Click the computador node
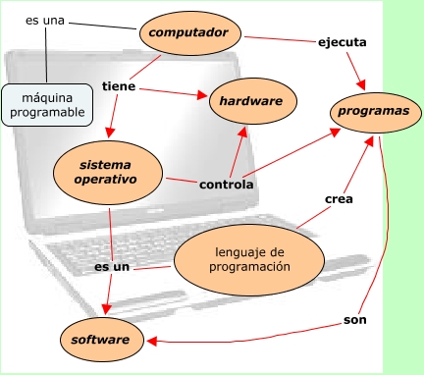point(190,33)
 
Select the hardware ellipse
point(253,101)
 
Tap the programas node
point(376,112)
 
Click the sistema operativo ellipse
point(108,173)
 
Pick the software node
point(102,340)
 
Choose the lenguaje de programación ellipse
point(249,260)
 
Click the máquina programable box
point(47,105)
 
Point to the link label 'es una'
point(45,21)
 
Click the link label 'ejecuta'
point(343,42)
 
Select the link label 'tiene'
point(119,86)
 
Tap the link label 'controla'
point(227,185)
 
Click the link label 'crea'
point(339,199)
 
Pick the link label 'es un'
point(112,267)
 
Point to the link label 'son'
point(355,320)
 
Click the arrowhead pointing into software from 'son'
point(152,341)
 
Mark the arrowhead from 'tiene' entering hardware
point(202,95)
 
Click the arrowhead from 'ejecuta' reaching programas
point(360,84)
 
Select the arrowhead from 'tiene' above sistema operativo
point(110,132)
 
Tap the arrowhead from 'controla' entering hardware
point(242,132)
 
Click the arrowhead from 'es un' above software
point(107,309)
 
